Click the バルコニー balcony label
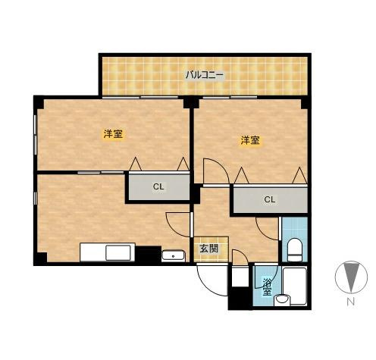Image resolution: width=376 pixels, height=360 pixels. pos(205,75)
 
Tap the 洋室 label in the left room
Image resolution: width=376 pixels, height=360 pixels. pos(113,133)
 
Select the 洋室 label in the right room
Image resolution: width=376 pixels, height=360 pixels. pos(250,140)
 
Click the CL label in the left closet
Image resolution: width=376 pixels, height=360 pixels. pos(158,186)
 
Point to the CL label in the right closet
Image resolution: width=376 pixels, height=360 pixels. pos(269,199)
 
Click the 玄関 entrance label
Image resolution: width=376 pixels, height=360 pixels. pos(208,249)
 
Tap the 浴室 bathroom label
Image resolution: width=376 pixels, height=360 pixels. pos(267,287)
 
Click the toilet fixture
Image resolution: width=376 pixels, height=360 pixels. pos(295,249)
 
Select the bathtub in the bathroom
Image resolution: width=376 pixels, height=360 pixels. pos(295,286)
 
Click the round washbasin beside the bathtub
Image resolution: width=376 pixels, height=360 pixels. pos(282,300)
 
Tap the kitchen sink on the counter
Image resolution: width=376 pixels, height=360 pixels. pos(118,252)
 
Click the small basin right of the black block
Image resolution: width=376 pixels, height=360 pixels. pos(174,256)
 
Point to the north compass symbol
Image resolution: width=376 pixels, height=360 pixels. pos(351,277)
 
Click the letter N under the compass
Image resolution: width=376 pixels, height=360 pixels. pos(350,302)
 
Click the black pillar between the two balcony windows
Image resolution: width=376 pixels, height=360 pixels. pos(191,102)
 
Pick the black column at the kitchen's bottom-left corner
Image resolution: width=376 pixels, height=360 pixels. pos(40,258)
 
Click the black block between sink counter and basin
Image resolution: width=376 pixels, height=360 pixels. pos(149,254)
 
